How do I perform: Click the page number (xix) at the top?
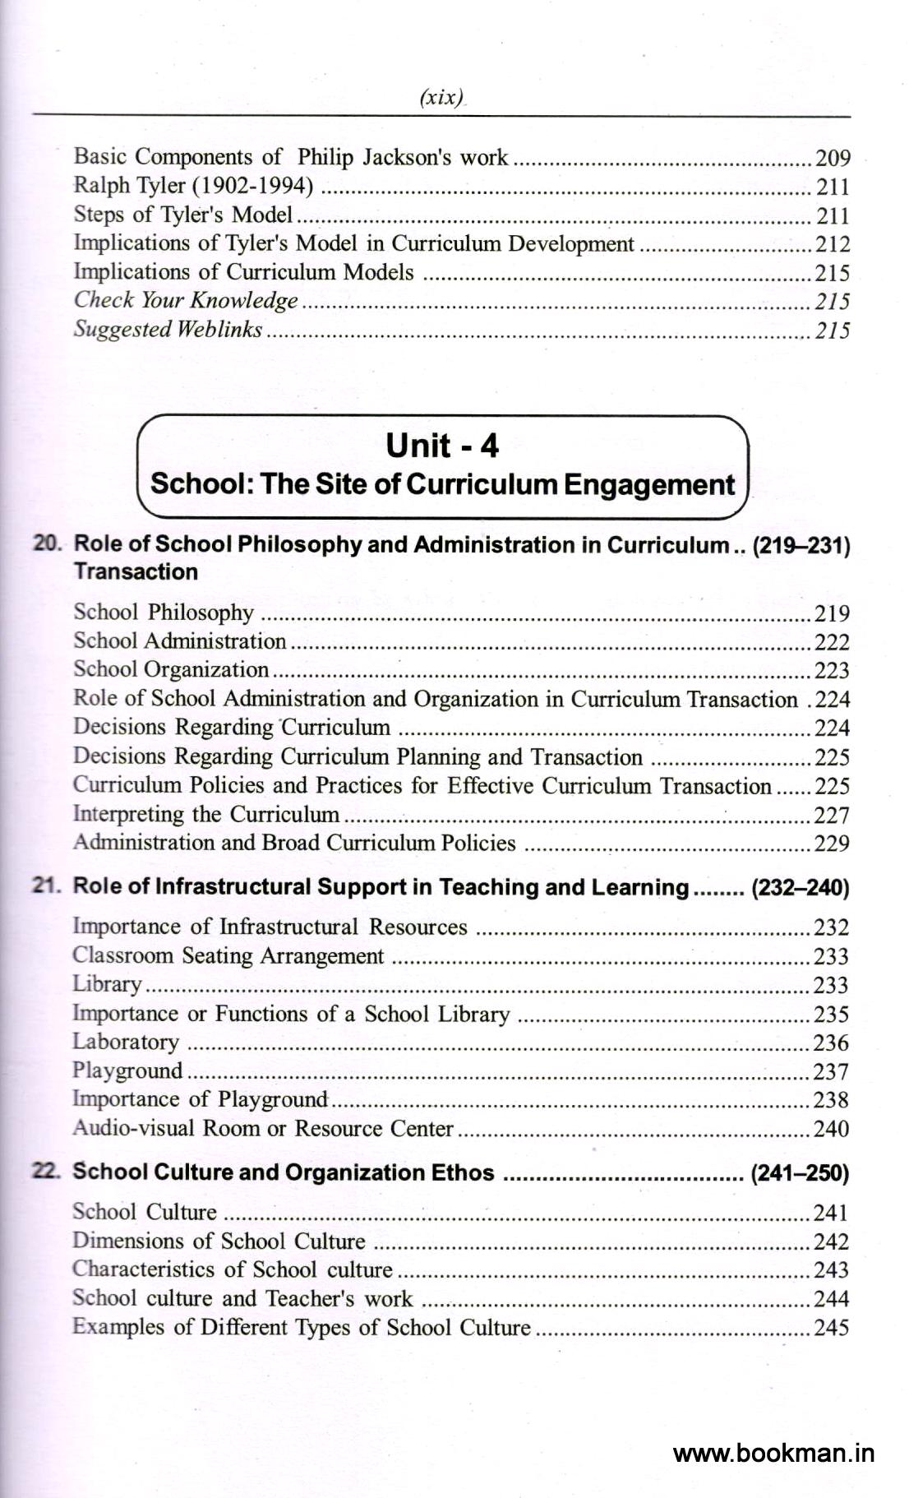pyautogui.click(x=441, y=98)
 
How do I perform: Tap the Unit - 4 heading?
pyautogui.click(x=442, y=446)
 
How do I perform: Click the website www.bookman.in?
pyautogui.click(x=773, y=1453)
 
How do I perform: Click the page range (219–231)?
pyautogui.click(x=801, y=546)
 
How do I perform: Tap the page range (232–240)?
pyautogui.click(x=801, y=888)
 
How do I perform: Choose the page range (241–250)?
pyautogui.click(x=800, y=1173)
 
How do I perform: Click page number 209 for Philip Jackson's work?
pyautogui.click(x=833, y=158)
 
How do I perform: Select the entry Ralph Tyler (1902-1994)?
pyautogui.click(x=193, y=186)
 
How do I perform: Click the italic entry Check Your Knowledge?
pyautogui.click(x=186, y=301)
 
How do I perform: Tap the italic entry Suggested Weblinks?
pyautogui.click(x=168, y=330)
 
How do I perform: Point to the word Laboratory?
pyautogui.click(x=125, y=1042)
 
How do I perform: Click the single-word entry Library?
pyautogui.click(x=107, y=984)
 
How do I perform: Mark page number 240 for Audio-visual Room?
pyautogui.click(x=831, y=1129)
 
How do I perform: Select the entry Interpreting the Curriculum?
pyautogui.click(x=206, y=814)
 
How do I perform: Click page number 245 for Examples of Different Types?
pyautogui.click(x=831, y=1327)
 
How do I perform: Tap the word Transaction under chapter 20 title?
pyautogui.click(x=136, y=572)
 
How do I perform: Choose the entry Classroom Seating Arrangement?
pyautogui.click(x=228, y=955)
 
